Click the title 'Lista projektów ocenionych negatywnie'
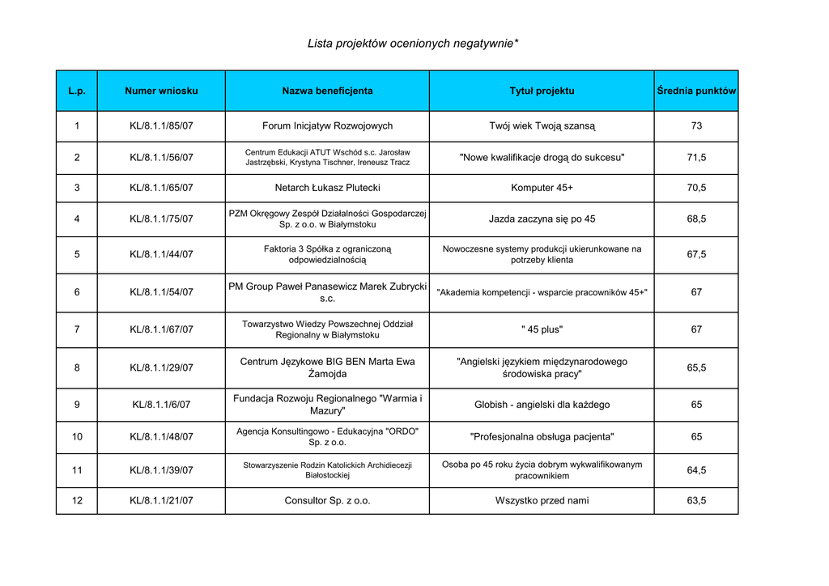pos(413,43)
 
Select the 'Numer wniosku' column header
pos(161,91)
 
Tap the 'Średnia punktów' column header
pos(696,91)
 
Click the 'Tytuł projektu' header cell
pos(542,91)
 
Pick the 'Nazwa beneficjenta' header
pos(327,91)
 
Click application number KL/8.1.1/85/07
pos(161,126)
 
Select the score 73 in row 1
pos(696,126)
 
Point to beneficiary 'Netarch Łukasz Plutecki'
pos(327,188)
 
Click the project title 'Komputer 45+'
pos(542,188)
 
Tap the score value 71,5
pos(696,157)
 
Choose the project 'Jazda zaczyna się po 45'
pos(542,219)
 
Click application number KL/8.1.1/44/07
pos(161,254)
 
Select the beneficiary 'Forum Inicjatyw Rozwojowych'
pos(327,126)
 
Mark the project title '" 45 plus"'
pos(542,329)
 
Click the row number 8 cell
pos(77,367)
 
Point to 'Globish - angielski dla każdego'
pos(542,405)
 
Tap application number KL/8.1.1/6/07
pos(161,405)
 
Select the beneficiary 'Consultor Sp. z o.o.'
pos(327,500)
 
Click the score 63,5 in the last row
pos(696,500)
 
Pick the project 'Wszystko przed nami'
pos(542,500)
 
